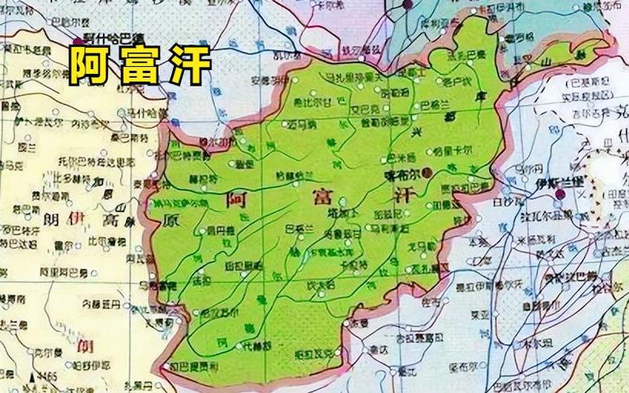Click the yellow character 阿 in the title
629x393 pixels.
(88, 64)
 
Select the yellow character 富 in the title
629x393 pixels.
(138, 64)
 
